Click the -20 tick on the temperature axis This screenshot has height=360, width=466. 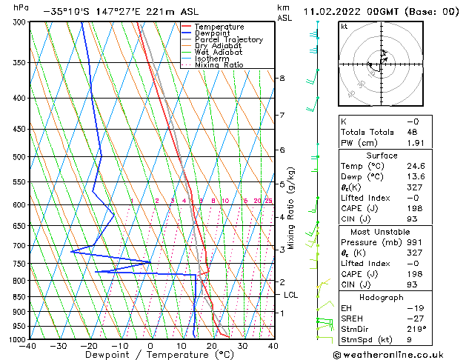[x=89, y=345]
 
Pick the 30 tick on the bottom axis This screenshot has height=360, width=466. [x=242, y=345]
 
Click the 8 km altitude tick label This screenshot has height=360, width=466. [x=282, y=78]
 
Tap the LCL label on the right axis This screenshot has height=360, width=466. [x=291, y=295]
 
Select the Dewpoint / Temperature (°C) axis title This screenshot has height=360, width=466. [x=150, y=355]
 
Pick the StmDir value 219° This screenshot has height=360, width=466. [x=416, y=329]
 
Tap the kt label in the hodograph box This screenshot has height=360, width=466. [x=344, y=27]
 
